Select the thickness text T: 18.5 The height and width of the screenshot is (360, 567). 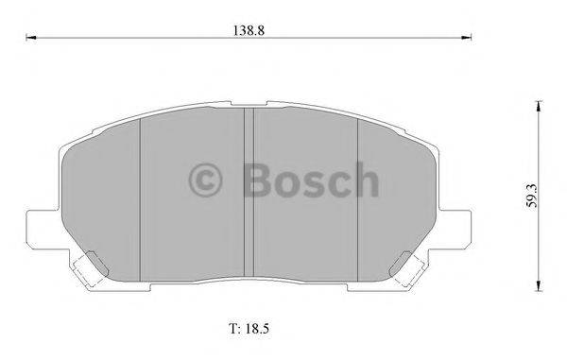[249, 330]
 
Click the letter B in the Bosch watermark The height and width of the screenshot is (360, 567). [257, 179]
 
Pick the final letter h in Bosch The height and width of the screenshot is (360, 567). [364, 179]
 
